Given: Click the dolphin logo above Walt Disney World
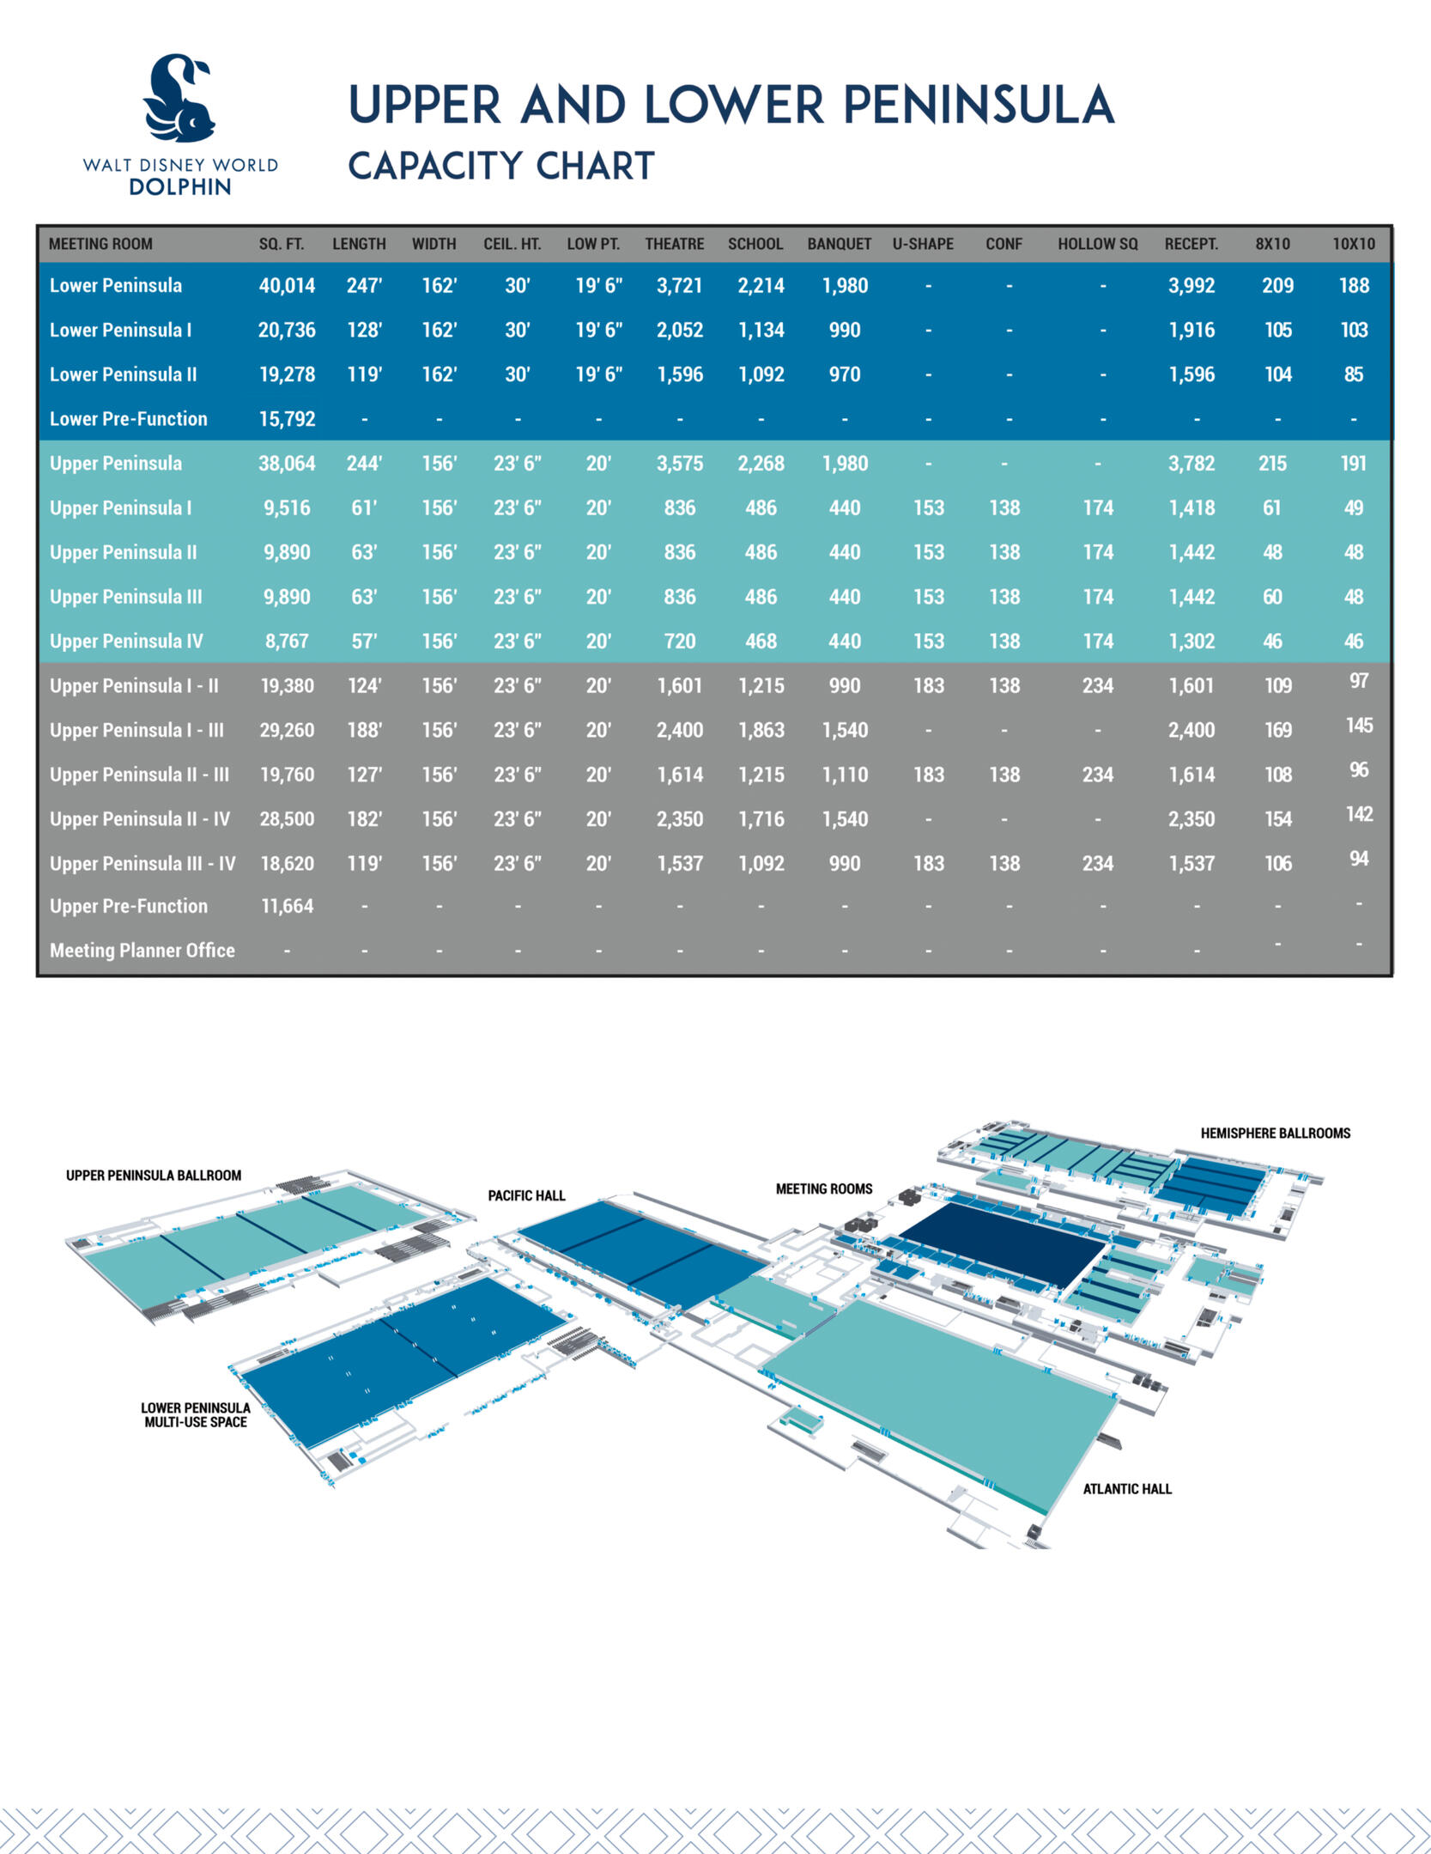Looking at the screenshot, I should [x=179, y=98].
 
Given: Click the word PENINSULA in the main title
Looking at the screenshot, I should [x=978, y=106].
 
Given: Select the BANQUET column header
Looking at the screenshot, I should [x=839, y=244].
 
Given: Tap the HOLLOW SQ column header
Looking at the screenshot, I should [x=1097, y=244].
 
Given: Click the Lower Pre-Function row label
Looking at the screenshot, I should [x=129, y=419].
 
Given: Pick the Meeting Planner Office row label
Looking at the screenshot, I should [x=142, y=951].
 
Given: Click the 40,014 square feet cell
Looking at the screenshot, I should [x=287, y=286].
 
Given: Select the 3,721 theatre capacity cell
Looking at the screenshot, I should [x=679, y=286].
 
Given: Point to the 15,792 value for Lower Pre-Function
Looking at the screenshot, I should [x=287, y=419].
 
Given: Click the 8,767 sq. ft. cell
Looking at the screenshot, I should [x=287, y=641].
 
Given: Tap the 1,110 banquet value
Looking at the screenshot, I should [x=845, y=775].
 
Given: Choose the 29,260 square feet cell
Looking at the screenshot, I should [x=287, y=730].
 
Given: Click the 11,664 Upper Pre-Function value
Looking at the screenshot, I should [x=287, y=906].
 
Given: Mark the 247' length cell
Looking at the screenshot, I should [x=364, y=286].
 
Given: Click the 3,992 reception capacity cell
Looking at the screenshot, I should [x=1191, y=286].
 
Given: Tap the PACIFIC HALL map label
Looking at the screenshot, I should [x=526, y=1195].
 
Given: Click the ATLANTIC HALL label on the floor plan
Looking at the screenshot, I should [x=1126, y=1489].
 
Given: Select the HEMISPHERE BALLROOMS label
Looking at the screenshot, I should [x=1275, y=1134].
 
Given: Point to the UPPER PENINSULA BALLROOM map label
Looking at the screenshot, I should [x=154, y=1176].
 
